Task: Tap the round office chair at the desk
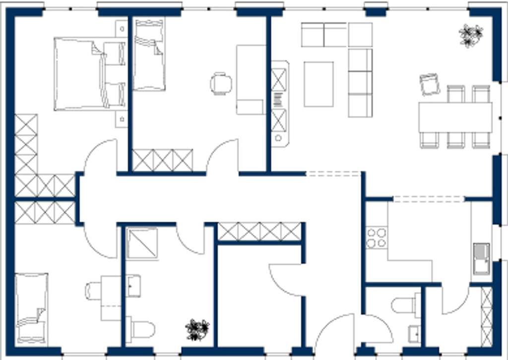pos(221,83)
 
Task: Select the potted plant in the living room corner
pos(470,35)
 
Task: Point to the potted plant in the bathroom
pos(197,330)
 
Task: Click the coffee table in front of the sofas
pos(318,83)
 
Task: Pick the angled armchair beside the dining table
pos(429,84)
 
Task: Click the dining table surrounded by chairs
pos(455,117)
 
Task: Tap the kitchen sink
pos(481,258)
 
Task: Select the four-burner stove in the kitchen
pos(376,238)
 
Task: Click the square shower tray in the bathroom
pos(142,243)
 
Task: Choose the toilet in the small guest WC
pos(405,304)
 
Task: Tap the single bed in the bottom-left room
pos(31,308)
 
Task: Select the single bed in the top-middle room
pos(149,55)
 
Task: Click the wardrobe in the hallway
pos(259,231)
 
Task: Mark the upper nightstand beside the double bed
pos(122,28)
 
